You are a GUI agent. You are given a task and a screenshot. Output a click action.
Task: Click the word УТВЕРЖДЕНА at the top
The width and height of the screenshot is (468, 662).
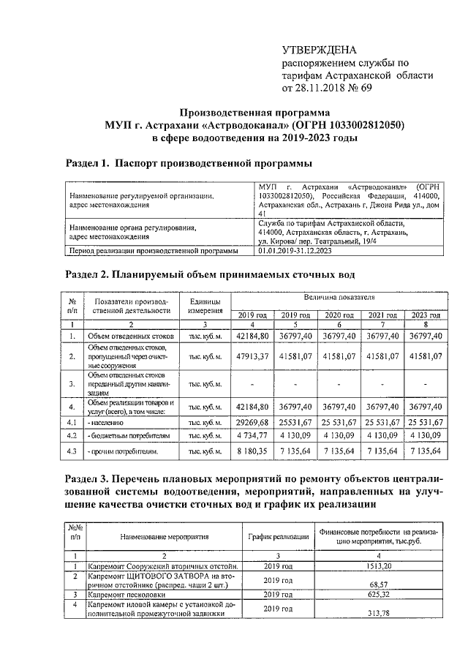click(320, 50)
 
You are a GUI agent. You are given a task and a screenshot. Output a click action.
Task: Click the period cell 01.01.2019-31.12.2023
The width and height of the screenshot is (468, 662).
click(305, 250)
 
